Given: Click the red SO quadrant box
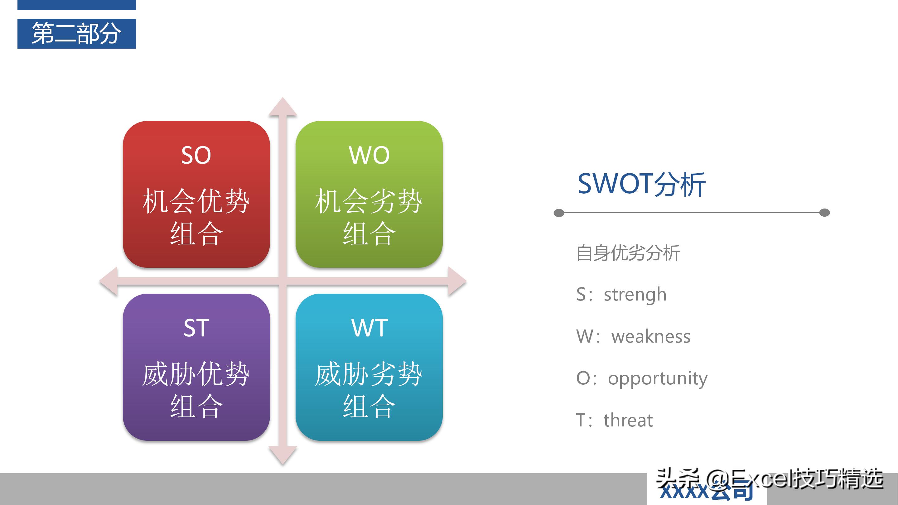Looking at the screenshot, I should click(196, 194).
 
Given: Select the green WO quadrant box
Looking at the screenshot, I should click(369, 194).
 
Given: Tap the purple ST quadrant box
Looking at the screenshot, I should click(196, 367).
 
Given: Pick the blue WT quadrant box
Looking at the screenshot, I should click(369, 367).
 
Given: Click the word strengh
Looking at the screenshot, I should click(635, 295).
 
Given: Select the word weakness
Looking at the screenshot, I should click(650, 336).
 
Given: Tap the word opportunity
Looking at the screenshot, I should click(658, 378).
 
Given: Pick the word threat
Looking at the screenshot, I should click(628, 420).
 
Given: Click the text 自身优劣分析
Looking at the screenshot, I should click(628, 253).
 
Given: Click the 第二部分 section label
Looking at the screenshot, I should click(76, 33).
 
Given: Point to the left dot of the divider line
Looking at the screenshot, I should click(559, 213).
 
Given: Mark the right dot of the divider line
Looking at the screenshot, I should click(824, 213).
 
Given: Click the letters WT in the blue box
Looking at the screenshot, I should click(369, 328).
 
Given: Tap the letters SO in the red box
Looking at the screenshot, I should click(196, 155).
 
